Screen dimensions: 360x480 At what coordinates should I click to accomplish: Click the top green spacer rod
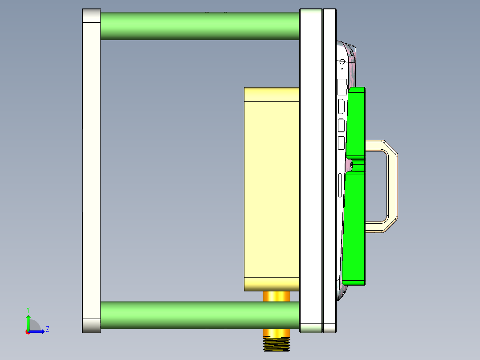click(x=199, y=26)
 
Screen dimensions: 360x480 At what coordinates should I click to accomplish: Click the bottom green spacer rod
click(x=199, y=315)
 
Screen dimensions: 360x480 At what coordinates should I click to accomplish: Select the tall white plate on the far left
click(x=91, y=169)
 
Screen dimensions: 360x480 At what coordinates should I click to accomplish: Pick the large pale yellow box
click(x=272, y=187)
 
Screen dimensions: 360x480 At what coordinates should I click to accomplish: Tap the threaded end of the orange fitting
click(x=277, y=344)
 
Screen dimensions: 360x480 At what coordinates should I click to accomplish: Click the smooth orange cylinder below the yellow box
click(x=277, y=296)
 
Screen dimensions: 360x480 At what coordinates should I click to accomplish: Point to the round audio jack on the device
click(x=342, y=62)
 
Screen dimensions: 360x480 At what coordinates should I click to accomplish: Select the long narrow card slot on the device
click(x=341, y=185)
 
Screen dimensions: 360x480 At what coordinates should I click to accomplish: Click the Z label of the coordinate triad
click(x=47, y=329)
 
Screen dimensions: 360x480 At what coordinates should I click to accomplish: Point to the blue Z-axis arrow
click(x=38, y=331)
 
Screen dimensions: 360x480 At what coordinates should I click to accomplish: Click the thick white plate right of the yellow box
click(x=311, y=169)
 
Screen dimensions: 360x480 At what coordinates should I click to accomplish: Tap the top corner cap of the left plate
click(x=91, y=16)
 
